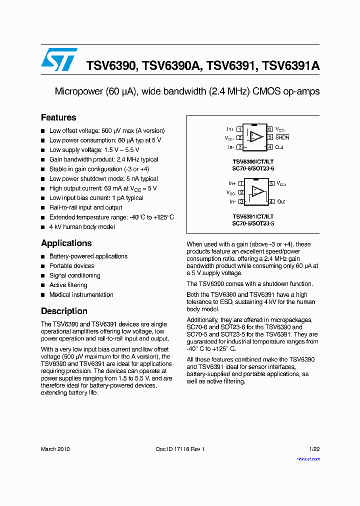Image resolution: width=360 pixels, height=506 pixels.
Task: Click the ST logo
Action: pyautogui.click(x=59, y=59)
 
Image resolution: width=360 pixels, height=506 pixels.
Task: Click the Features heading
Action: pyautogui.click(x=58, y=117)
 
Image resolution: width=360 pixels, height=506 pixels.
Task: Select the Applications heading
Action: pyautogui.click(x=66, y=243)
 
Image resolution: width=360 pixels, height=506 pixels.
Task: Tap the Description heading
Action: pyautogui.click(x=64, y=310)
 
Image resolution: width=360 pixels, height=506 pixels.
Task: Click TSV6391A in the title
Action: pyautogui.click(x=290, y=65)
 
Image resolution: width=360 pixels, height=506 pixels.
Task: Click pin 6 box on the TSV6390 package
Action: pyautogui.click(x=269, y=129)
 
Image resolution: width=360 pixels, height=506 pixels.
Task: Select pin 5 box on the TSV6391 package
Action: pyautogui.click(x=271, y=183)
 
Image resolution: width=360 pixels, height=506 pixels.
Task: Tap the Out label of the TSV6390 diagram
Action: pyautogui.click(x=279, y=147)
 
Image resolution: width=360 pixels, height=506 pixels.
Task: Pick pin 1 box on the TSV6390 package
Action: pyautogui.click(x=239, y=129)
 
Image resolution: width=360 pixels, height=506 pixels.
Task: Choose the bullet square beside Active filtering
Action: pyautogui.click(x=43, y=285)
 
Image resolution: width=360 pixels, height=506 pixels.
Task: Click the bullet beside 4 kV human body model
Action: pyautogui.click(x=43, y=227)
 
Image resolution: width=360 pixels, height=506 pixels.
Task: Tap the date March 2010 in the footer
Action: pyautogui.click(x=55, y=449)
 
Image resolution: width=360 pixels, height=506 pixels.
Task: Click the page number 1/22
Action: pyautogui.click(x=314, y=449)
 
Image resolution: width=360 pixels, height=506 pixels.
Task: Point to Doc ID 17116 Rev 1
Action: pyautogui.click(x=180, y=449)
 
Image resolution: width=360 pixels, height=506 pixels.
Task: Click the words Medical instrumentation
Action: pyautogui.click(x=80, y=294)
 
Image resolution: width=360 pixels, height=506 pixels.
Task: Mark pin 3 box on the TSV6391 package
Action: pyautogui.click(x=241, y=201)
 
